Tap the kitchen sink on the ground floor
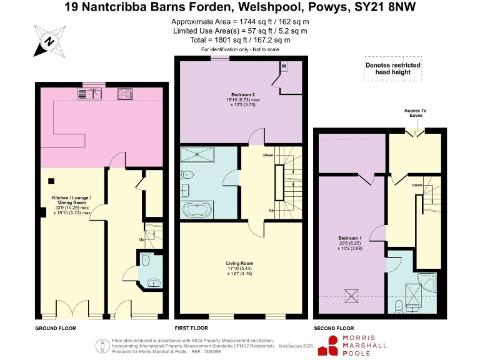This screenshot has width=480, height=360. [x=91, y=94]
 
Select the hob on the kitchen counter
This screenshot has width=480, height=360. [x=126, y=94]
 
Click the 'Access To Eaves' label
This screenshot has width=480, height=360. [x=416, y=113]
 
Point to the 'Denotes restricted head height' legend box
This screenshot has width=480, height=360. [x=393, y=69]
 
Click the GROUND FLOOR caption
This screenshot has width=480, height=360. [x=56, y=327]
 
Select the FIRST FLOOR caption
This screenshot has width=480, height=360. [x=191, y=327]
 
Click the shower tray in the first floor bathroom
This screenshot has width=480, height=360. [x=199, y=154]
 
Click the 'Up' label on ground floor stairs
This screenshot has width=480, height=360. [x=142, y=239]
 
